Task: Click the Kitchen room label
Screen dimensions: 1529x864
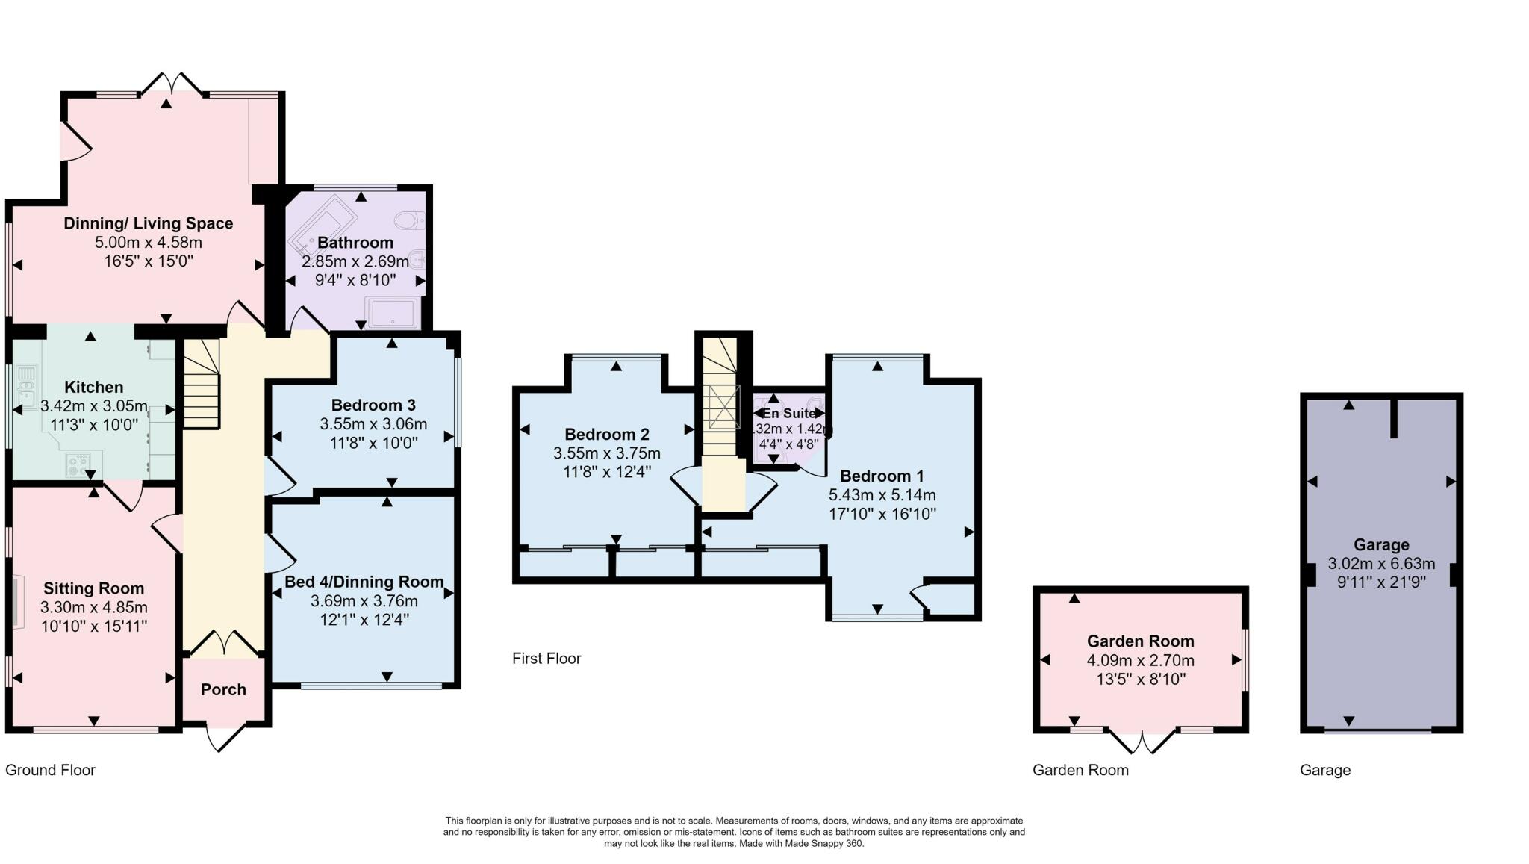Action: click(x=94, y=387)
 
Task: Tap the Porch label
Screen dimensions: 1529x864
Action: click(x=223, y=689)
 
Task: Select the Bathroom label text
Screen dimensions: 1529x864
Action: click(x=355, y=243)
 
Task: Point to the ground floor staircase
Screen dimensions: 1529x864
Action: click(x=202, y=383)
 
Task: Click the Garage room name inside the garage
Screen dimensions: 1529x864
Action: click(x=1381, y=545)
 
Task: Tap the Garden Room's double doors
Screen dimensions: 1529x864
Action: click(x=1141, y=739)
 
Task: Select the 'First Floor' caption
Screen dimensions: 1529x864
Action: click(x=546, y=659)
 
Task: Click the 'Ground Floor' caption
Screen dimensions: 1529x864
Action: click(x=51, y=770)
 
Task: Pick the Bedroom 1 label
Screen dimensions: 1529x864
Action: click(x=882, y=476)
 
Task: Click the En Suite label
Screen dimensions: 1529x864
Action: click(x=789, y=413)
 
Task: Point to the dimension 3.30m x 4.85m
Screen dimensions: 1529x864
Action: click(x=94, y=607)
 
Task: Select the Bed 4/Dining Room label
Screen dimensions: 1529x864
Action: click(x=364, y=582)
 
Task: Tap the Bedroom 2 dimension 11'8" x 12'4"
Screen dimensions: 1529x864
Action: click(x=607, y=472)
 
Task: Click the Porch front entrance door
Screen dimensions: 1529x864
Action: click(x=225, y=739)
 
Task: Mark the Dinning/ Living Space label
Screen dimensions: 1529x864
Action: click(x=149, y=223)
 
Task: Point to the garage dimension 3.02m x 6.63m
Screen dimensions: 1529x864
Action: click(x=1381, y=564)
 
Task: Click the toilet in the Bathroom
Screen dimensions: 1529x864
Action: click(x=410, y=220)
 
